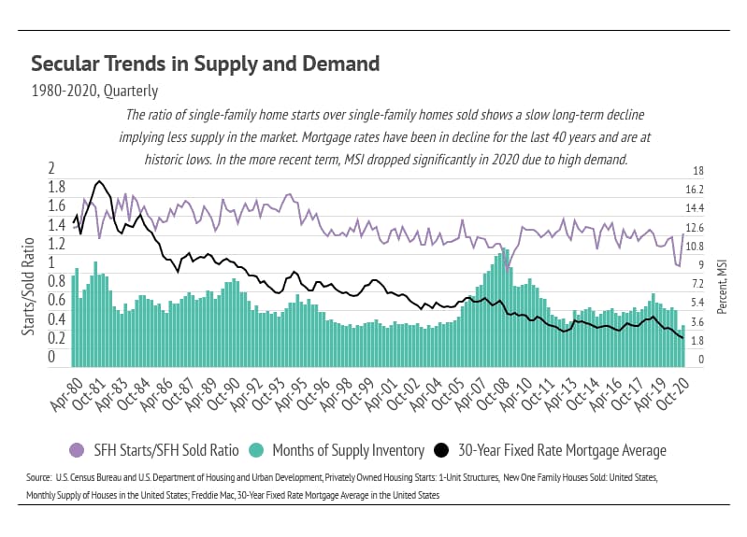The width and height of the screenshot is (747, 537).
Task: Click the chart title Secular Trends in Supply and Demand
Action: pos(205,64)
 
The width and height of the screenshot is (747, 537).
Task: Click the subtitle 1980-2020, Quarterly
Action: pos(94,92)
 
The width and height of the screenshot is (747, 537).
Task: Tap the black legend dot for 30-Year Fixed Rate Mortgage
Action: pos(443,451)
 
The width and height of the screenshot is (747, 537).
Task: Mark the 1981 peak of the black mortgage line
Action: pos(99,182)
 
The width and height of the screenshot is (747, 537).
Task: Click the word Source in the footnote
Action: pos(38,478)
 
